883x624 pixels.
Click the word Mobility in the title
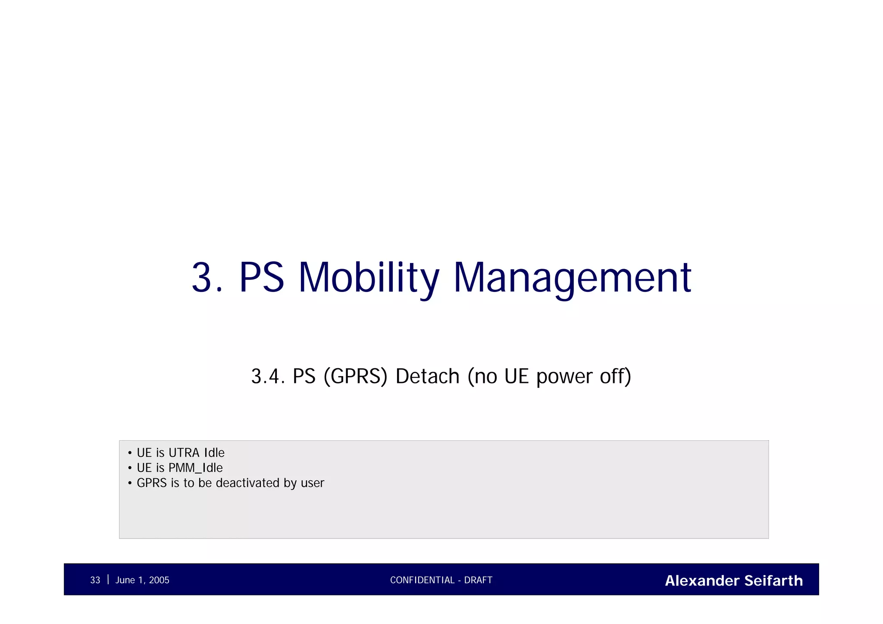(x=369, y=278)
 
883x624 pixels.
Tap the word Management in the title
(x=572, y=278)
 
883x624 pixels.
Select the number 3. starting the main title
(x=207, y=278)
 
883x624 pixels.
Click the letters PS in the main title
(x=261, y=278)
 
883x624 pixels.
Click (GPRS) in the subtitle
(x=355, y=376)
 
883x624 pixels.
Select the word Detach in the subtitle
(x=427, y=376)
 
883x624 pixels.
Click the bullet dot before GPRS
(x=130, y=483)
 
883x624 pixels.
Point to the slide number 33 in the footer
(x=95, y=580)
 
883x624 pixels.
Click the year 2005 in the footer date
(x=159, y=580)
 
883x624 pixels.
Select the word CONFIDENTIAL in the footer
(x=422, y=580)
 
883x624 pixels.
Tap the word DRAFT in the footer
(x=478, y=580)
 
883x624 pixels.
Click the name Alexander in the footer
(x=702, y=581)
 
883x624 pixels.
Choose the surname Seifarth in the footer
(x=773, y=581)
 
